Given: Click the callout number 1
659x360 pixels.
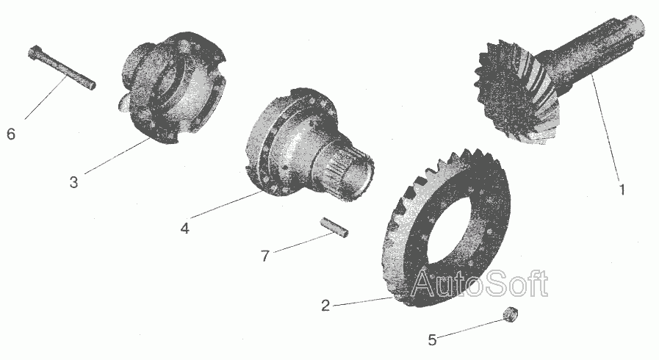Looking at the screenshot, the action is click(x=622, y=190).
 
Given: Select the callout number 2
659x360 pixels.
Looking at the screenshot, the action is click(x=325, y=306).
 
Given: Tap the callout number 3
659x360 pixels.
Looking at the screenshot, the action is click(x=74, y=182).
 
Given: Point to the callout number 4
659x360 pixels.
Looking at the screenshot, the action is click(x=185, y=228).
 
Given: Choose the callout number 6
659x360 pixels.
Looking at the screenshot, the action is click(x=11, y=134).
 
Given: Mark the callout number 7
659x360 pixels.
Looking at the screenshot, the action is click(x=264, y=256).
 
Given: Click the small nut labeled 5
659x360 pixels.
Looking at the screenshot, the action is click(x=509, y=314).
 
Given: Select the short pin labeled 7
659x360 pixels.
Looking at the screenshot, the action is click(x=334, y=228).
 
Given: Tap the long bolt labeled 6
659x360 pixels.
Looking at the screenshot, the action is click(x=62, y=67).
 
